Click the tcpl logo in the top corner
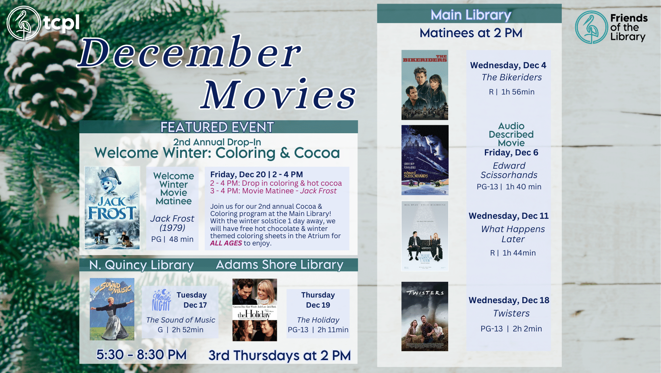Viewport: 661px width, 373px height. pyautogui.click(x=43, y=23)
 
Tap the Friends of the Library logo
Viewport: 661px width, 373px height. pyautogui.click(x=611, y=27)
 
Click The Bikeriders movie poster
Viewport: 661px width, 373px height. pyautogui.click(x=425, y=85)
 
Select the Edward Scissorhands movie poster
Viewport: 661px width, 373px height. pyautogui.click(x=425, y=160)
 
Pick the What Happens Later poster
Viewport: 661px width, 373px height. pyautogui.click(x=425, y=236)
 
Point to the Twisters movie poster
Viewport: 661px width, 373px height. pyautogui.click(x=425, y=316)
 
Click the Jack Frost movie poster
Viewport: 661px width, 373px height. pyautogui.click(x=112, y=207)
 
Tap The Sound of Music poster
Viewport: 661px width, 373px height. pyautogui.click(x=112, y=309)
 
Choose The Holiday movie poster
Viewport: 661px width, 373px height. pyautogui.click(x=255, y=310)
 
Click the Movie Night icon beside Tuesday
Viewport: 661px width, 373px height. pyautogui.click(x=161, y=300)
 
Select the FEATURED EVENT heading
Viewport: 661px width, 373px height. pyautogui.click(x=217, y=127)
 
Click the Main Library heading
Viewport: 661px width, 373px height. pyautogui.click(x=471, y=15)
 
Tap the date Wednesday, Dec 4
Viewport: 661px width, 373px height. pyautogui.click(x=508, y=65)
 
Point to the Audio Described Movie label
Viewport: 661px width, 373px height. pyautogui.click(x=511, y=134)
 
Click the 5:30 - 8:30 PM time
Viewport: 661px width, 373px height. pyautogui.click(x=141, y=355)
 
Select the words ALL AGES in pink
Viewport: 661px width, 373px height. pyautogui.click(x=226, y=243)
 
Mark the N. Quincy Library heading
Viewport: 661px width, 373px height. pyautogui.click(x=141, y=265)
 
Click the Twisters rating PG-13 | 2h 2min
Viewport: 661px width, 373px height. pyautogui.click(x=511, y=329)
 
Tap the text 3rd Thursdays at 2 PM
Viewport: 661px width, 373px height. pyautogui.click(x=279, y=355)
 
